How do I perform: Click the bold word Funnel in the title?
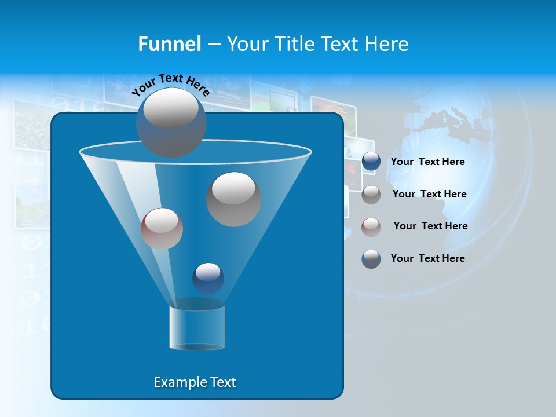tap(170, 44)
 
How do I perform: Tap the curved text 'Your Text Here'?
tap(171, 83)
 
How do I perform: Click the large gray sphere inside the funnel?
tap(234, 199)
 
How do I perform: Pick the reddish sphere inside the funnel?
tap(162, 229)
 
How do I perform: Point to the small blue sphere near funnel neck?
tap(208, 278)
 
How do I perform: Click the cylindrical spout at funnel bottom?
tap(197, 327)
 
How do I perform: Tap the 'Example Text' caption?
tap(195, 382)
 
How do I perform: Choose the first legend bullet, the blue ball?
tap(371, 162)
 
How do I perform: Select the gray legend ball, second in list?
tap(371, 194)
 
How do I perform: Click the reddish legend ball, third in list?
tap(371, 226)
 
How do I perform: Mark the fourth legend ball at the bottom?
tap(371, 258)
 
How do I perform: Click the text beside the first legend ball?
tap(428, 162)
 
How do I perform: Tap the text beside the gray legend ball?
tap(429, 194)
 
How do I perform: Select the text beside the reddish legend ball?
tap(430, 226)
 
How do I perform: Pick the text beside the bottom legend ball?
tap(428, 258)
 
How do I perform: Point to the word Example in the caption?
tap(174, 382)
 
